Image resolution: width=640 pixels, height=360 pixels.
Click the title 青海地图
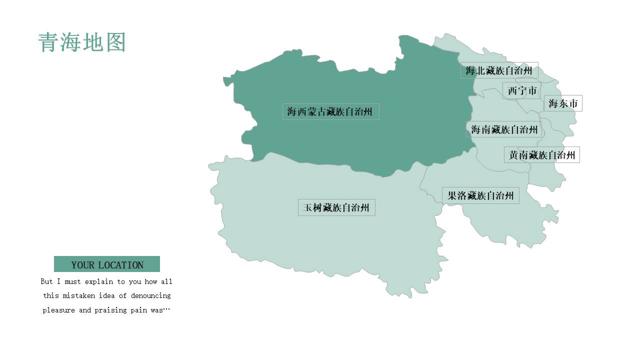click(x=81, y=42)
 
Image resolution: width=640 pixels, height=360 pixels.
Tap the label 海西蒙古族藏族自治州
click(x=330, y=111)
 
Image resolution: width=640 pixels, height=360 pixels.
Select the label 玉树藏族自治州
click(x=336, y=207)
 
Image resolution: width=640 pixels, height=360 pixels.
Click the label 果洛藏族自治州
click(x=480, y=195)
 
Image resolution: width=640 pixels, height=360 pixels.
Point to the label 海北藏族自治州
click(x=499, y=70)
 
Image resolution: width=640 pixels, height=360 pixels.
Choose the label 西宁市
click(x=522, y=90)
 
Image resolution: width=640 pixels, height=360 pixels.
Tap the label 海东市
click(x=563, y=103)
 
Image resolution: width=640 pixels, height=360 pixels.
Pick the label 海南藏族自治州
click(x=504, y=129)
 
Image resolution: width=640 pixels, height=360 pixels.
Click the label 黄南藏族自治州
click(x=542, y=155)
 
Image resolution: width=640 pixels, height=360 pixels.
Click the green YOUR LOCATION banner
click(x=107, y=264)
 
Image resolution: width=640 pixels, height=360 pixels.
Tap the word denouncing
click(x=150, y=295)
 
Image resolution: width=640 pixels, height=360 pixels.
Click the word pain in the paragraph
click(x=141, y=310)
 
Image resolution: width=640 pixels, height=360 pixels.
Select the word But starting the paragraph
click(x=46, y=281)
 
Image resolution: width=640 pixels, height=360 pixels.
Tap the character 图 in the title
click(x=115, y=42)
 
